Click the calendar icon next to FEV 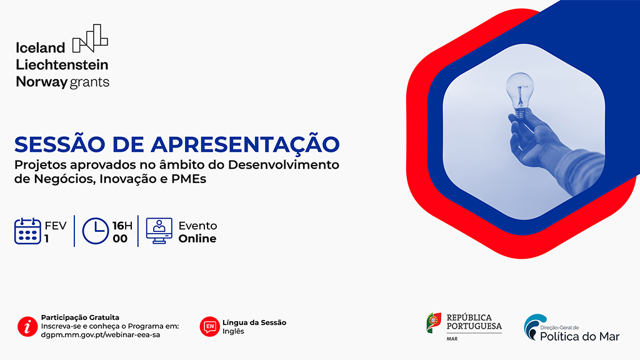pyautogui.click(x=27, y=231)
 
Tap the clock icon pyautogui.click(x=96, y=231)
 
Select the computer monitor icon pyautogui.click(x=159, y=231)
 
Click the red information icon pyautogui.click(x=27, y=326)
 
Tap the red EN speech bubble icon pyautogui.click(x=210, y=326)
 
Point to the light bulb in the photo pyautogui.click(x=519, y=95)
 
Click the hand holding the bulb pyautogui.click(x=535, y=139)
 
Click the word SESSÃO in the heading pyautogui.click(x=59, y=144)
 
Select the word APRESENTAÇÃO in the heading pyautogui.click(x=245, y=144)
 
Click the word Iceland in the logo pyautogui.click(x=41, y=47)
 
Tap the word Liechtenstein pyautogui.click(x=62, y=64)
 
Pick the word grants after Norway pyautogui.click(x=89, y=82)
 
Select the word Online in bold pyautogui.click(x=197, y=238)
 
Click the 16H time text pyautogui.click(x=122, y=226)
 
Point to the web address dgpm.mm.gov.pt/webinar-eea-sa pyautogui.click(x=101, y=335)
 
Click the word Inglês pyautogui.click(x=233, y=331)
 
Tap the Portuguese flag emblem pyautogui.click(x=434, y=323)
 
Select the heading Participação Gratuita pyautogui.click(x=80, y=317)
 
